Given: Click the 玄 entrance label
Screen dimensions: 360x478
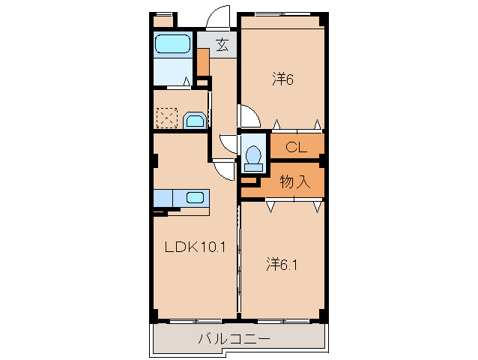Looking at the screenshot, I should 222,45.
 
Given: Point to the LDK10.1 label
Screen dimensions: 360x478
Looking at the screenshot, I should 191,247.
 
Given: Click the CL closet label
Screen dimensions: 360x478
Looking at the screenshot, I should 297,148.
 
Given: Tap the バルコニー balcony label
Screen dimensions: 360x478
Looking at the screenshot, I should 234,340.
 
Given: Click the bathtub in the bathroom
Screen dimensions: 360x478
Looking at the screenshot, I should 172,44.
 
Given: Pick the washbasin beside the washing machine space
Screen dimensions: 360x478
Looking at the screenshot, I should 193,120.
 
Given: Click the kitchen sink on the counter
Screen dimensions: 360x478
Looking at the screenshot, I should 195,197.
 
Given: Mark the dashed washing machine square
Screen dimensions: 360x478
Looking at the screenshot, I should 166,118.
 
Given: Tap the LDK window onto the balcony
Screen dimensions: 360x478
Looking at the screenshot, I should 191,321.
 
